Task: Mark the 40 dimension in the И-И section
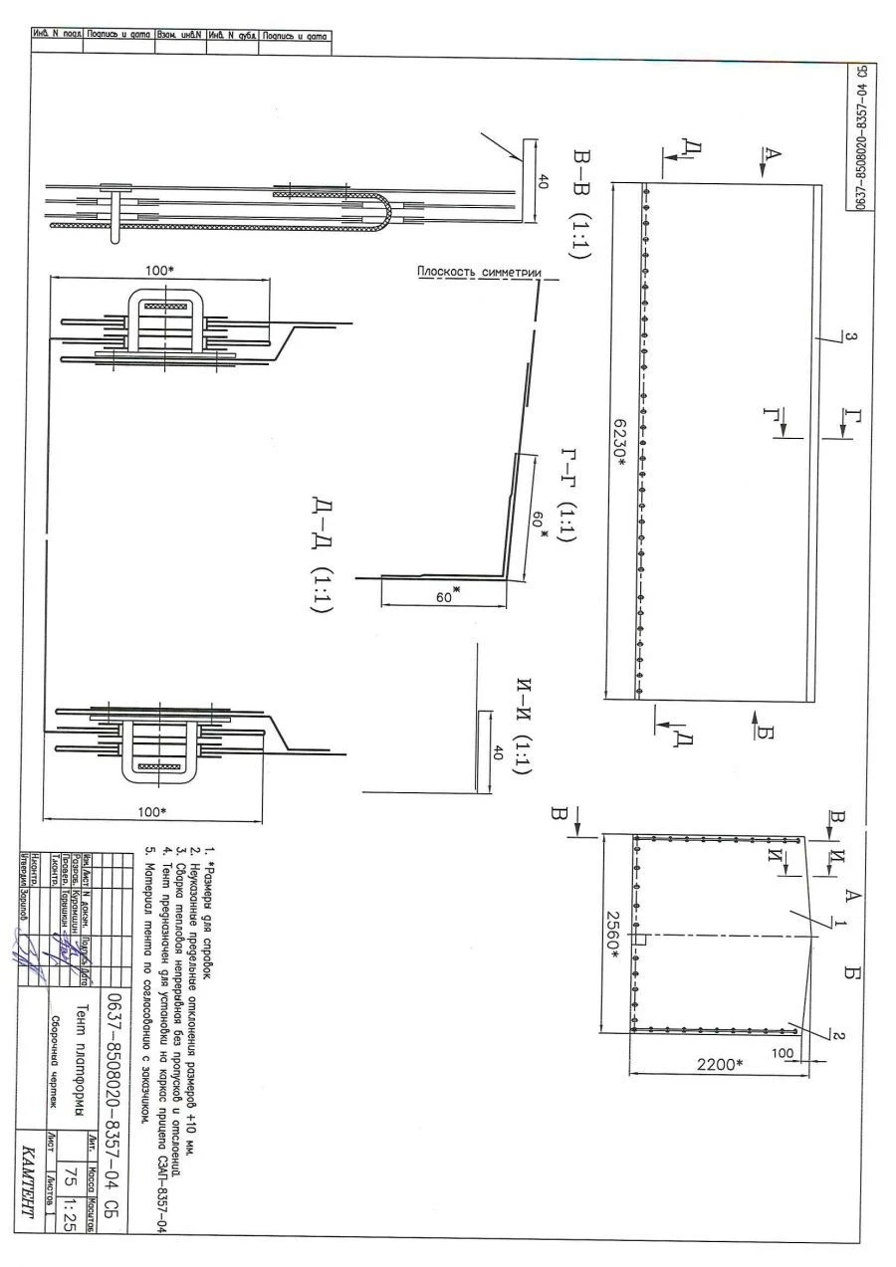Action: pyautogui.click(x=499, y=752)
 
